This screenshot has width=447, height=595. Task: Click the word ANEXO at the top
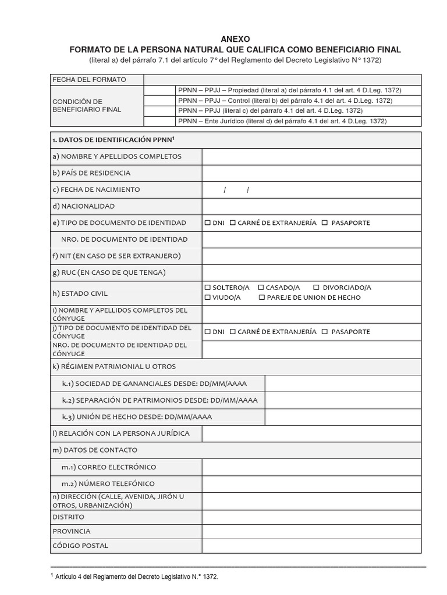[235, 38]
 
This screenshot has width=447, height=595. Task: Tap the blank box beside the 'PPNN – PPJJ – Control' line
[159, 101]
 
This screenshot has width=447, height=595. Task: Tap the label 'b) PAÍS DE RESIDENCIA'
[91, 173]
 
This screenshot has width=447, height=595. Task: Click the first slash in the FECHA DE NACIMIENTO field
[225, 190]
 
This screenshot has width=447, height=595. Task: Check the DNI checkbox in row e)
[207, 223]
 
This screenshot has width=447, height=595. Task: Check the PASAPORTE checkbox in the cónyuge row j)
[324, 332]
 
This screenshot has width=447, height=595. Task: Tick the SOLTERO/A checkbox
[207, 288]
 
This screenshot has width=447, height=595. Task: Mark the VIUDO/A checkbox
[207, 297]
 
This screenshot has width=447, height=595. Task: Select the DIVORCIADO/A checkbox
[315, 288]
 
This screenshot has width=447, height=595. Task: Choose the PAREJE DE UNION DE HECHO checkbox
[261, 297]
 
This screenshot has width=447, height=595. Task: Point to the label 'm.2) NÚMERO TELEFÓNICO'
[109, 483]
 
